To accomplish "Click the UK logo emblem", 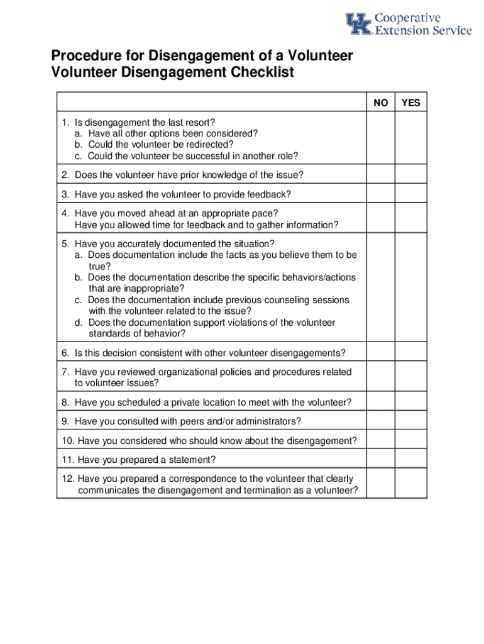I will pyautogui.click(x=359, y=24).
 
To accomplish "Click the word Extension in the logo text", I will pyautogui.click(x=399, y=30).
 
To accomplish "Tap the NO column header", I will pyautogui.click(x=380, y=103).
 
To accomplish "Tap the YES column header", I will pyautogui.click(x=410, y=103).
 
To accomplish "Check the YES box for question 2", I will pyautogui.click(x=410, y=175).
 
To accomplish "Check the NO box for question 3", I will pyautogui.click(x=380, y=194).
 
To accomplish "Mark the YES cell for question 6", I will pyautogui.click(x=410, y=353).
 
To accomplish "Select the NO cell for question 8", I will pyautogui.click(x=380, y=402).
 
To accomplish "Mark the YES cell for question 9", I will pyautogui.click(x=410, y=421).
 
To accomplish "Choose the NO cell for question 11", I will pyautogui.click(x=380, y=460).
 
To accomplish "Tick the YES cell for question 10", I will pyautogui.click(x=410, y=441).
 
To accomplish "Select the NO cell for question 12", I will pyautogui.click(x=380, y=484).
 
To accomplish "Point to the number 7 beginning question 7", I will pyautogui.click(x=65, y=372).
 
